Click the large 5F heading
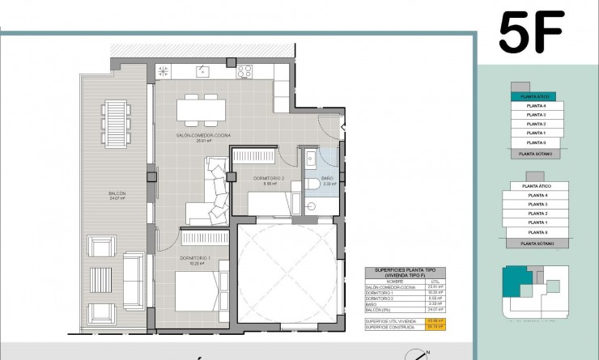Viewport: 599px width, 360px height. click(530, 33)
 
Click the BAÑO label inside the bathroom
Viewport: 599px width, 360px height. click(328, 179)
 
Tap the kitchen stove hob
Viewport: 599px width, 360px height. click(245, 71)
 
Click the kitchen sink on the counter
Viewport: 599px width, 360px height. click(163, 71)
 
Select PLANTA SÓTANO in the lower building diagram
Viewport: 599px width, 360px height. click(536, 242)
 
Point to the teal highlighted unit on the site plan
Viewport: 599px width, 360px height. click(514, 281)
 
